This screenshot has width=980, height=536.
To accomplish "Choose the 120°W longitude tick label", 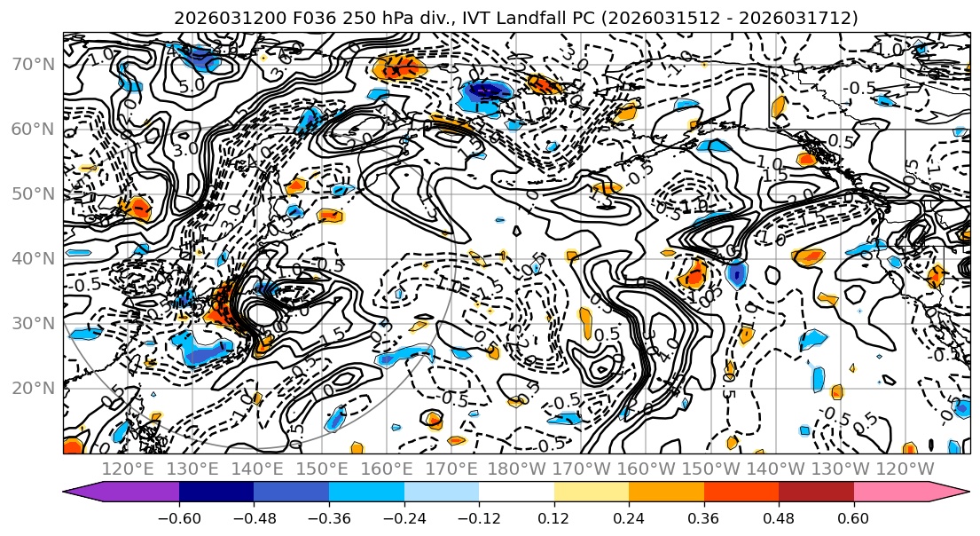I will click(903, 469).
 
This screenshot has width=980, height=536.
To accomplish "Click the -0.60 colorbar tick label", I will click(179, 518).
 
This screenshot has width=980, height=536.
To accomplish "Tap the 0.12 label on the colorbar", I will click(554, 518).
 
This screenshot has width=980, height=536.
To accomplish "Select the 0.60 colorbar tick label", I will click(854, 518).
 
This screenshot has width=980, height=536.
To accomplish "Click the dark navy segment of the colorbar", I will click(216, 491).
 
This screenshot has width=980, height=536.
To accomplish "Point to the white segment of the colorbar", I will click(516, 491).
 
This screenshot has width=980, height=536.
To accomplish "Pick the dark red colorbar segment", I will click(816, 491).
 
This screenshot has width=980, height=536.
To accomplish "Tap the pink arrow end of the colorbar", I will click(949, 491).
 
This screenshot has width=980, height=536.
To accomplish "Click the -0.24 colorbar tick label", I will click(404, 518).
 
